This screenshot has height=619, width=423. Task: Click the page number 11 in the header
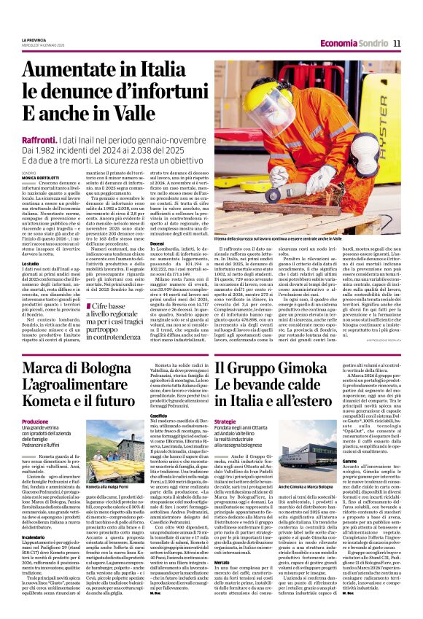(x=397, y=44)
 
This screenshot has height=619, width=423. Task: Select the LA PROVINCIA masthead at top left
(x=33, y=39)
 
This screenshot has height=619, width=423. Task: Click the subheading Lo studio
(x=30, y=263)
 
